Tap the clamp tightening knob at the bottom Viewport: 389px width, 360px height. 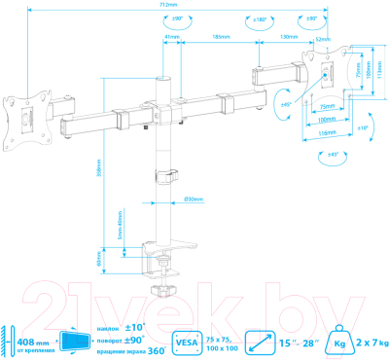point(160,289)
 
